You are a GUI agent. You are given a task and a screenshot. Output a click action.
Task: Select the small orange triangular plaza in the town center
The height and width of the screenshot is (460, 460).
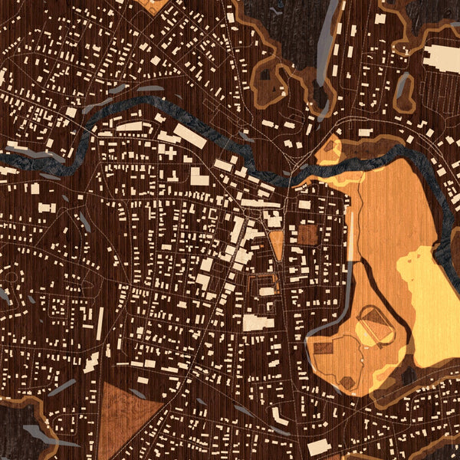[x=277, y=244]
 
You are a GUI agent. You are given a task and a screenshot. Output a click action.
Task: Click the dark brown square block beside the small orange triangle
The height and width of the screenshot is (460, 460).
[x=306, y=235]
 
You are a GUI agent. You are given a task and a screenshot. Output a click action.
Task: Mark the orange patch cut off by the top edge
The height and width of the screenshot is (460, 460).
[x=153, y=5]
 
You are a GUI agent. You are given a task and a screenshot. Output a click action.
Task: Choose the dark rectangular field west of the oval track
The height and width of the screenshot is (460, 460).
[x=323, y=348]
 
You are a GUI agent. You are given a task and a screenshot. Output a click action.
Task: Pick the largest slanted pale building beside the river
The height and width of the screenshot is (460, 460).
[x=189, y=136]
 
